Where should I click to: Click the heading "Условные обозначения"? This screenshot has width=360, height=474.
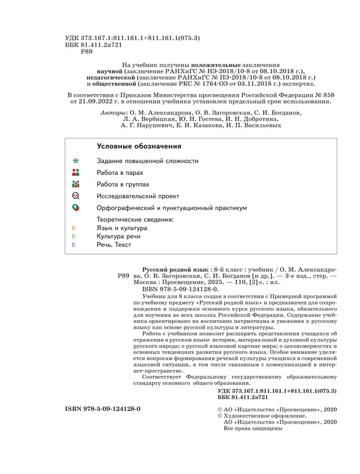point(139,146)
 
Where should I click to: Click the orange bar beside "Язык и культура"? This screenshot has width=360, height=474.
point(74,228)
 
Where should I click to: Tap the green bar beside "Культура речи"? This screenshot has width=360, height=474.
point(74,236)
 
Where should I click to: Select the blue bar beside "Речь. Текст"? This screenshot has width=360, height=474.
point(74,245)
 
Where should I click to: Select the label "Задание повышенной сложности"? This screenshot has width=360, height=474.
point(147,161)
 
